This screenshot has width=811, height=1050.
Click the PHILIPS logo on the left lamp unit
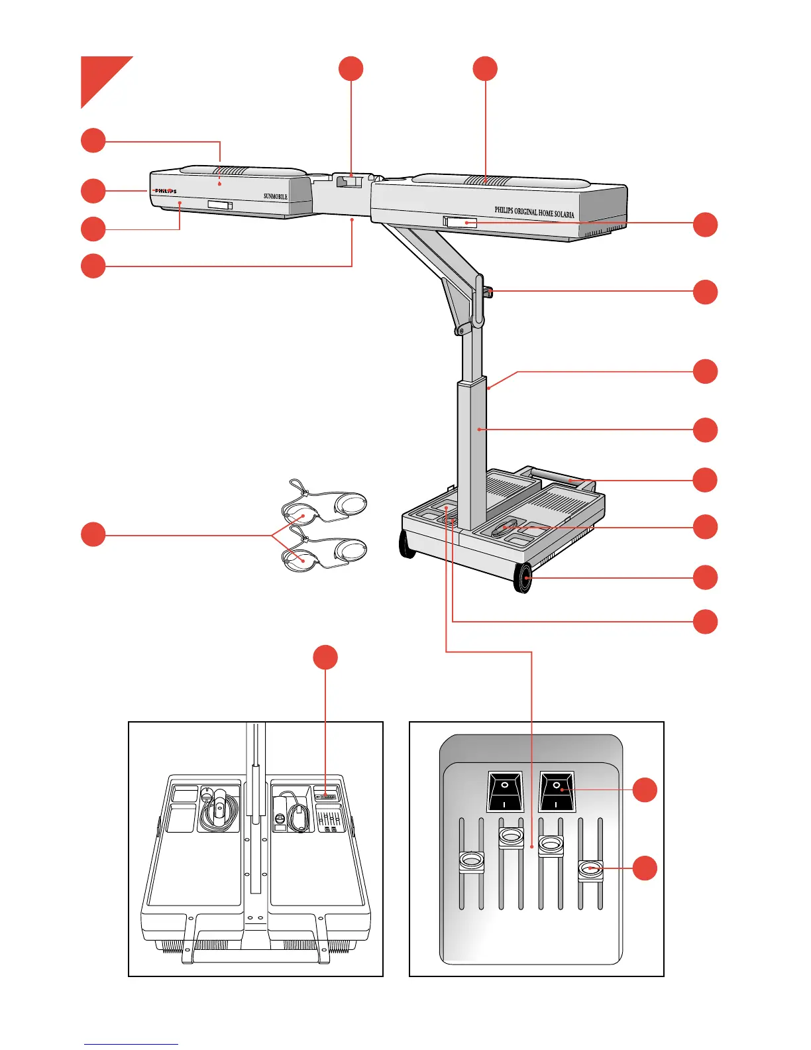point(166,191)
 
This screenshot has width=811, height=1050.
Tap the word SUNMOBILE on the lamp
point(276,196)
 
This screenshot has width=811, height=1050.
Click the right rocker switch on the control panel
point(557,791)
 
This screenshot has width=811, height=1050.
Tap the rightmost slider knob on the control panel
point(590,870)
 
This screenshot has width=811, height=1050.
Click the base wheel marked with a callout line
point(523,577)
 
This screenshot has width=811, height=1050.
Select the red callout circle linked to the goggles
point(93,534)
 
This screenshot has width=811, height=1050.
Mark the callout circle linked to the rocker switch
point(645,790)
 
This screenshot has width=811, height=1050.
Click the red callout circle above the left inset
point(325,657)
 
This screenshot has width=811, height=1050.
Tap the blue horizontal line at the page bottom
point(131,1044)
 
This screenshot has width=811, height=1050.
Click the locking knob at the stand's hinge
point(488,291)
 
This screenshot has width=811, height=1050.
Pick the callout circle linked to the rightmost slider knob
point(645,868)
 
